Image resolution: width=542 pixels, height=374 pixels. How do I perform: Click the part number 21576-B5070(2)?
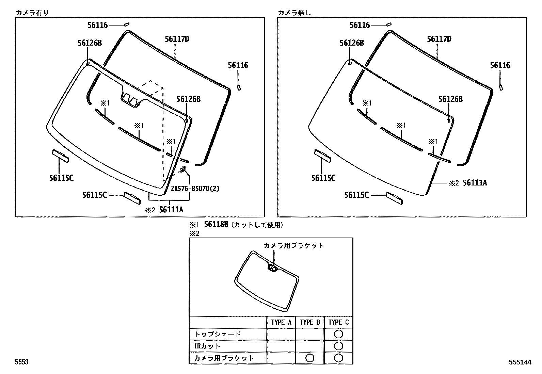pyautogui.click(x=195, y=189)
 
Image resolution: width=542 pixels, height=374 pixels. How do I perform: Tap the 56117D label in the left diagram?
pyautogui.click(x=177, y=39)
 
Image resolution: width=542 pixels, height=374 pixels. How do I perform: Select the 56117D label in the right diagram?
pyautogui.click(x=439, y=39)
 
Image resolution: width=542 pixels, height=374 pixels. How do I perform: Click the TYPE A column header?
pyautogui.click(x=281, y=322)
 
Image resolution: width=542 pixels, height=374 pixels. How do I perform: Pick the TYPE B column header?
pyautogui.click(x=310, y=322)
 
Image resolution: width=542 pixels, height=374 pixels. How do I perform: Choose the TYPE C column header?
pyautogui.click(x=338, y=322)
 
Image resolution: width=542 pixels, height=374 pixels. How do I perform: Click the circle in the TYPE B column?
pyautogui.click(x=310, y=358)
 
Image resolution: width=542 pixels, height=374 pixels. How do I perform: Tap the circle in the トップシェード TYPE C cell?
pyautogui.click(x=338, y=334)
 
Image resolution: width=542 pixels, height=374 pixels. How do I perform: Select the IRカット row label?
pyautogui.click(x=207, y=346)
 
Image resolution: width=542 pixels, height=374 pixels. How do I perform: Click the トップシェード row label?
pyautogui.click(x=218, y=334)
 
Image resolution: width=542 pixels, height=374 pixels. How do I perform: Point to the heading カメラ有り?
pyautogui.click(x=32, y=13)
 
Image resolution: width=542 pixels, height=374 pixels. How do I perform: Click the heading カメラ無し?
pyautogui.click(x=294, y=13)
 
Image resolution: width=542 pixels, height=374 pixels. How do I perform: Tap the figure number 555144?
pyautogui.click(x=520, y=362)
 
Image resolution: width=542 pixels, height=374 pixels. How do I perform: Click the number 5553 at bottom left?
pyautogui.click(x=22, y=362)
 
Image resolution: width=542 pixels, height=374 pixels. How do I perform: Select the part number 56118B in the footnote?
pyautogui.click(x=216, y=224)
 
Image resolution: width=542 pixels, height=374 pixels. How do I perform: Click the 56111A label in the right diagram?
pyautogui.click(x=475, y=183)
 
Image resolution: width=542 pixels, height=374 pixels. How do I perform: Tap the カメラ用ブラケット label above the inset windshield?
pyautogui.click(x=293, y=246)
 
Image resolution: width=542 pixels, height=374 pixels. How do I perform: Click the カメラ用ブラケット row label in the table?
pyautogui.click(x=224, y=358)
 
